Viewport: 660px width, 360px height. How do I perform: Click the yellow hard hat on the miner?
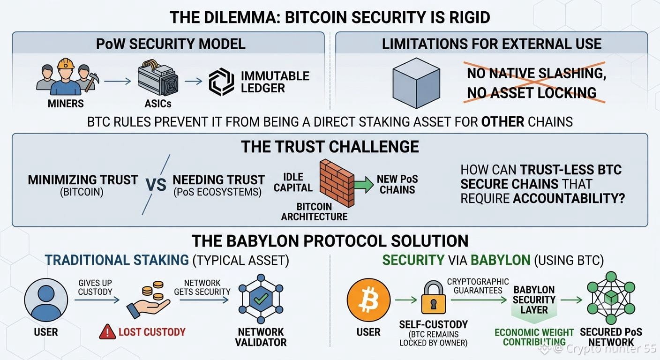tap(66, 64)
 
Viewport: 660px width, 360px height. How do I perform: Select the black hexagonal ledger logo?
tap(221, 82)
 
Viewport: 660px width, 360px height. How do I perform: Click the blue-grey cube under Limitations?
tap(416, 83)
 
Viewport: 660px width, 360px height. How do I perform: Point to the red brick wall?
tap(337, 183)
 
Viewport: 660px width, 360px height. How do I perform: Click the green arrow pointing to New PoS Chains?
tap(364, 185)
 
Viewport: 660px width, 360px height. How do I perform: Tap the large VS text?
tap(156, 185)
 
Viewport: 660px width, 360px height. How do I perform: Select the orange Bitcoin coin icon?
tap(368, 300)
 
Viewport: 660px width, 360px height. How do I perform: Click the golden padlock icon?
tap(434, 297)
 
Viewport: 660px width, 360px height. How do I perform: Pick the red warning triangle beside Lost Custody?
tap(107, 332)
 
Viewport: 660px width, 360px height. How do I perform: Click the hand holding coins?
tap(149, 300)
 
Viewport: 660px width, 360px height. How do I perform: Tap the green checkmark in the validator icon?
tap(261, 299)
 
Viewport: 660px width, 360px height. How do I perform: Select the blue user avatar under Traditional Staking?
tap(46, 300)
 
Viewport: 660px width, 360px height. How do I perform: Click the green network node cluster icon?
tap(611, 298)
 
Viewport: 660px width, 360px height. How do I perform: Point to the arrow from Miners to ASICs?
tap(118, 81)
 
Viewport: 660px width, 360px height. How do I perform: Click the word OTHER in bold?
tap(502, 122)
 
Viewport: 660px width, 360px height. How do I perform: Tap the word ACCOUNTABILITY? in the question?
tap(569, 199)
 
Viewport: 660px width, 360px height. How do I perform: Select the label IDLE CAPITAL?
tap(293, 182)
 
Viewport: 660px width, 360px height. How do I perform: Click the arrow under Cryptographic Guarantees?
tap(479, 300)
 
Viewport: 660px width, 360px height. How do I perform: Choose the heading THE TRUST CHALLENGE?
tap(330, 147)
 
